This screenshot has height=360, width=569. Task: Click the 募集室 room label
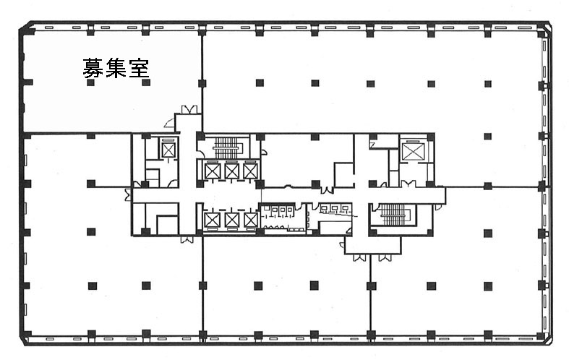[x=116, y=68]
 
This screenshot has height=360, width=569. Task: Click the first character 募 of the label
[x=93, y=68]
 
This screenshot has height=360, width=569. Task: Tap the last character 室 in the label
[x=139, y=68]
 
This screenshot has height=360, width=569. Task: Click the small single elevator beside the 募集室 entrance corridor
[x=168, y=150]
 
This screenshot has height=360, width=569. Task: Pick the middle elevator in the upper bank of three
[x=231, y=171]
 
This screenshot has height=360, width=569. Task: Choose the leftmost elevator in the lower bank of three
[x=212, y=220]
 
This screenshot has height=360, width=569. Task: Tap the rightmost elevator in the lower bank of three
[x=250, y=220]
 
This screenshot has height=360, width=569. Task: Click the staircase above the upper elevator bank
[x=227, y=147]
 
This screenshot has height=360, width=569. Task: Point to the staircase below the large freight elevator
[x=395, y=215]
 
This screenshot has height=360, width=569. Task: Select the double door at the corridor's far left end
[x=128, y=195]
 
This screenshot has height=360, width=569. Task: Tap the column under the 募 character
[x=90, y=82]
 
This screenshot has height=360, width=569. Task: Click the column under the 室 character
[x=146, y=82]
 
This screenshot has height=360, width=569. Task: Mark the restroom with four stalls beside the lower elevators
[x=281, y=218]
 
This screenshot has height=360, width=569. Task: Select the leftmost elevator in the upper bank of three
[x=213, y=171]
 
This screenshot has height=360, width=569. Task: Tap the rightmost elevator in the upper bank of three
[x=250, y=171]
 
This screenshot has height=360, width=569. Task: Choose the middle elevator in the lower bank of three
[x=231, y=220]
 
